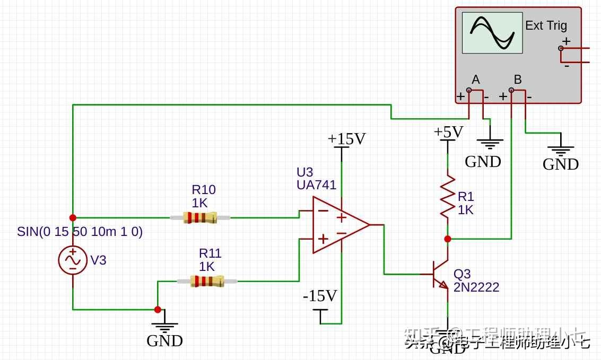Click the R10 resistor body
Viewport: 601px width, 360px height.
tap(200, 217)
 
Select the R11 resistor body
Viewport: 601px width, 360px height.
tap(207, 281)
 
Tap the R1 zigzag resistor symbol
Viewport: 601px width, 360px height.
tap(448, 196)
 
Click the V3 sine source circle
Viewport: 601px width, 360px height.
tap(73, 260)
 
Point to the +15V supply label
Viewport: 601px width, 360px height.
tap(346, 139)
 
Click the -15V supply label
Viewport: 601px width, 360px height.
tap(320, 296)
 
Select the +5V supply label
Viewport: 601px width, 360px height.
tap(448, 131)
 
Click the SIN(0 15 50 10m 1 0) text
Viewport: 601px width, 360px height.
tap(80, 232)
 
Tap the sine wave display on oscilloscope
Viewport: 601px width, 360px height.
tap(492, 33)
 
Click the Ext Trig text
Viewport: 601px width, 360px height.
tap(546, 25)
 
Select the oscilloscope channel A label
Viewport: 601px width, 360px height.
tap(475, 80)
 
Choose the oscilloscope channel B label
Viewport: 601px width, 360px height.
tap(518, 80)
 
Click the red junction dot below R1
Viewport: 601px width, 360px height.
tap(448, 239)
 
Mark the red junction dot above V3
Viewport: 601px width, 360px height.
tap(73, 217)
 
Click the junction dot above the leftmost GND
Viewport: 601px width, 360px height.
tap(158, 310)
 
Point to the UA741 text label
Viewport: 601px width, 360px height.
tap(316, 185)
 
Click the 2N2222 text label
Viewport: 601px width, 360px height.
tap(476, 287)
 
